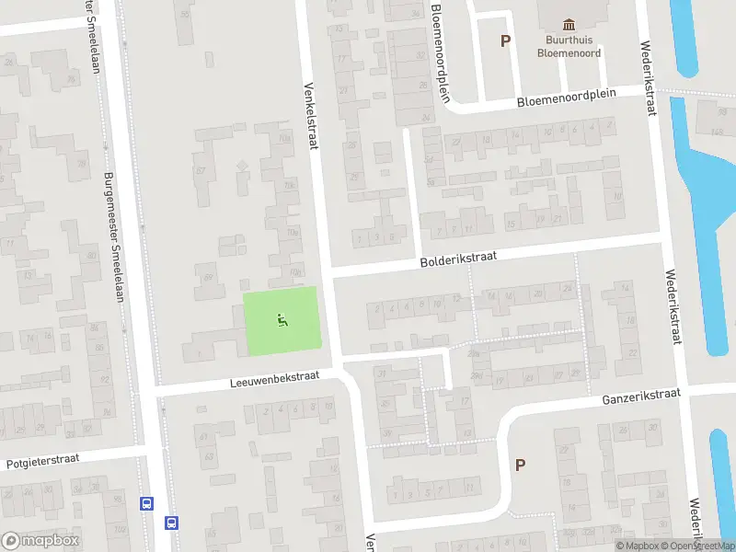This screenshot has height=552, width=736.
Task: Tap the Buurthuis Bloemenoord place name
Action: pos(569,46)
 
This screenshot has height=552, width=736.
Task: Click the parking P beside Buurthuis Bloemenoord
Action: pos(504,40)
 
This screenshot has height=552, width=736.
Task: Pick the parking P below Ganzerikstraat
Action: pos(520,466)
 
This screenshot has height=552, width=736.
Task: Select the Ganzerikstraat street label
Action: pos(641,397)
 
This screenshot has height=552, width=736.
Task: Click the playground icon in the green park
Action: pos(282,320)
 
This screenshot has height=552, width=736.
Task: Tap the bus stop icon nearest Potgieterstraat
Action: pos(145,503)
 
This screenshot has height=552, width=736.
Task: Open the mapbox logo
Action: pos(40,541)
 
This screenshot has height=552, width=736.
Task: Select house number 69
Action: pos(208,278)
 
